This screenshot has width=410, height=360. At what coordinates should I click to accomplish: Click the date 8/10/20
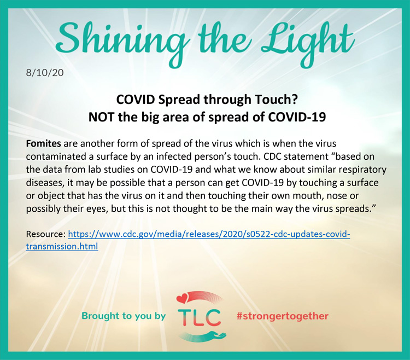(45, 72)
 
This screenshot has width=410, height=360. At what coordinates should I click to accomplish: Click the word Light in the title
(308, 42)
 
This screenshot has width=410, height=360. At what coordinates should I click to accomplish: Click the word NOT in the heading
(101, 117)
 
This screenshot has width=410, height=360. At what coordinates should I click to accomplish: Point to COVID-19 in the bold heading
(297, 117)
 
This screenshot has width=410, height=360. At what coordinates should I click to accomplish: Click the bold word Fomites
(43, 143)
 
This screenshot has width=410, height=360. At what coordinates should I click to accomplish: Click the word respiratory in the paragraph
(362, 170)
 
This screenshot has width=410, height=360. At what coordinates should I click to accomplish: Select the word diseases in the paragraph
(45, 183)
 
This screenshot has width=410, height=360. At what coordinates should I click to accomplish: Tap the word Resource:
(46, 234)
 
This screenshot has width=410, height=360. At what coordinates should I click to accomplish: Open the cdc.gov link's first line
(209, 234)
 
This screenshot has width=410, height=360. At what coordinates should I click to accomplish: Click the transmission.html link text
(62, 246)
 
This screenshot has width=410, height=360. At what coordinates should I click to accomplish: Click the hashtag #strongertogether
(283, 316)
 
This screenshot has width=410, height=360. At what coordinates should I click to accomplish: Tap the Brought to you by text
(124, 316)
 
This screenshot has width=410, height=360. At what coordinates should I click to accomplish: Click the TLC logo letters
(199, 317)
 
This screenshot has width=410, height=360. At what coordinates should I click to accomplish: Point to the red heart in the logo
(182, 298)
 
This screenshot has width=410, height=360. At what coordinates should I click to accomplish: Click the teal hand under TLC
(204, 336)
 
